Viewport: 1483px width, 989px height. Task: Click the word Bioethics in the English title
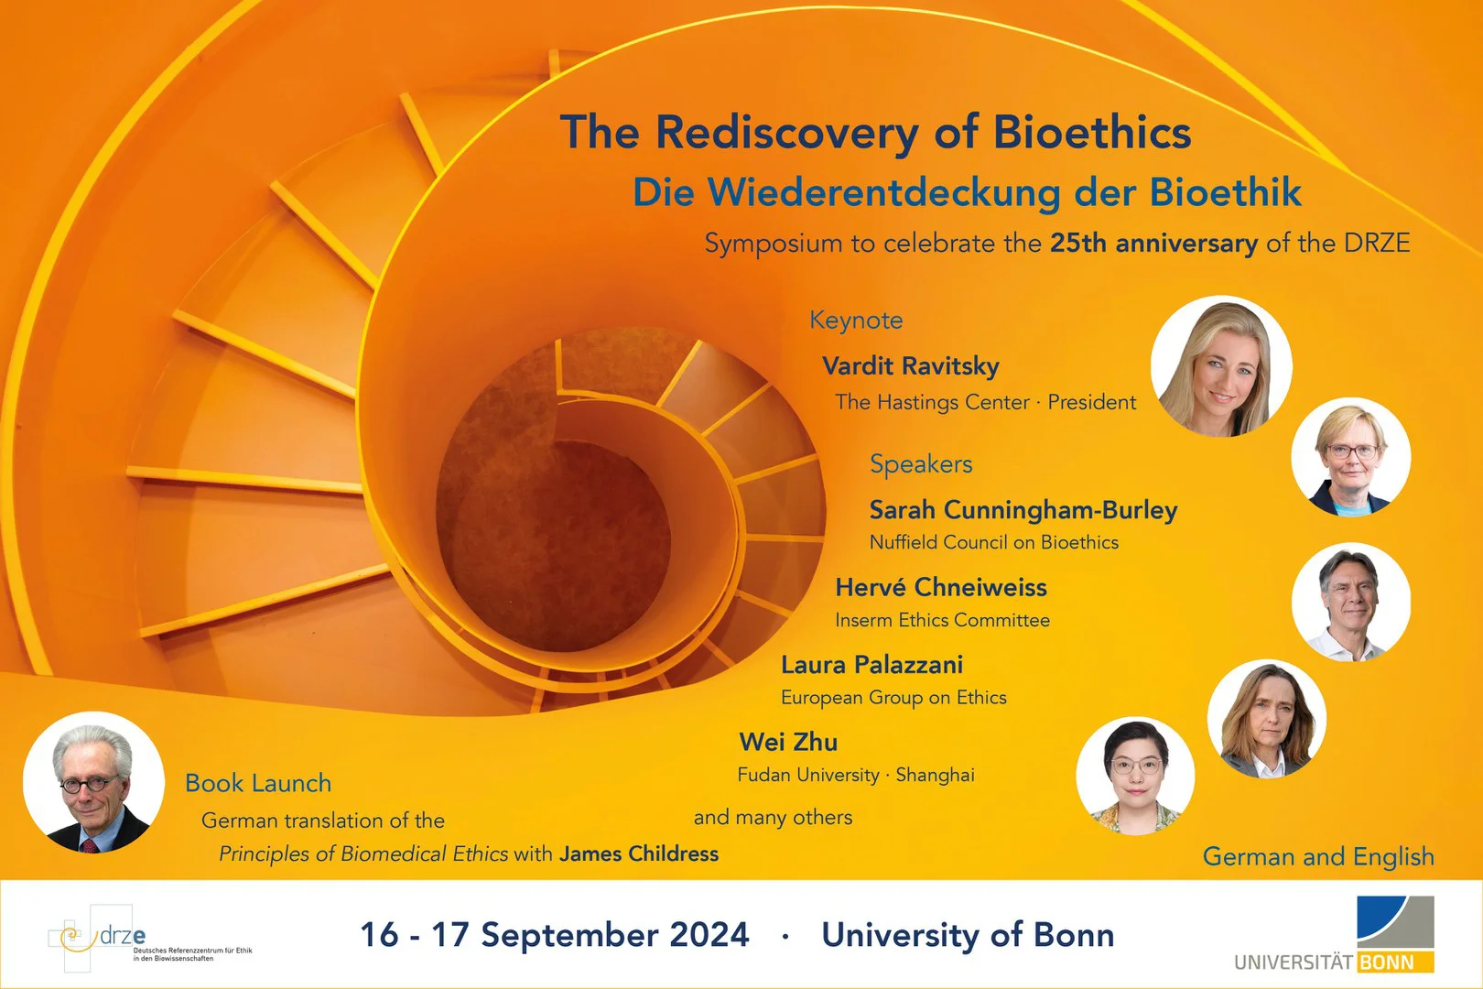tap(1091, 132)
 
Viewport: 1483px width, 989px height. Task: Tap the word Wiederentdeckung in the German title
tap(883, 192)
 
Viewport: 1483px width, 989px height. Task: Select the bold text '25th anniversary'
tap(1153, 243)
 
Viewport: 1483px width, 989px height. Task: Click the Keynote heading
tap(856, 320)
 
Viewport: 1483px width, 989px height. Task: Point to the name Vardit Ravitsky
tap(910, 365)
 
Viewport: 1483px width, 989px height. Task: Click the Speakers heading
tap(921, 464)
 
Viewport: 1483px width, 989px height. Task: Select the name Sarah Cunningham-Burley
tap(1023, 509)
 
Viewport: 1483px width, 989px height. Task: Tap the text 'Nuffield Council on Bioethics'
tap(993, 542)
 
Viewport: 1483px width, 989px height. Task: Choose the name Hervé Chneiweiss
tap(940, 587)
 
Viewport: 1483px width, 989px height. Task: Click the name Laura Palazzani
tap(871, 664)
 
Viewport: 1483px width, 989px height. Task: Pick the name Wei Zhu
tap(788, 742)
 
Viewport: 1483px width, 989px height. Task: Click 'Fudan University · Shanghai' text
tap(856, 775)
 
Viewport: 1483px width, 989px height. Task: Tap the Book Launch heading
tap(258, 783)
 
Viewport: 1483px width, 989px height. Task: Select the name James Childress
tap(639, 853)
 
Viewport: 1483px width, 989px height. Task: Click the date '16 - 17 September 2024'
tap(555, 935)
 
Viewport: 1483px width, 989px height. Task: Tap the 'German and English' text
tap(1317, 856)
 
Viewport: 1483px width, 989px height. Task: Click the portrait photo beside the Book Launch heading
tap(93, 784)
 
